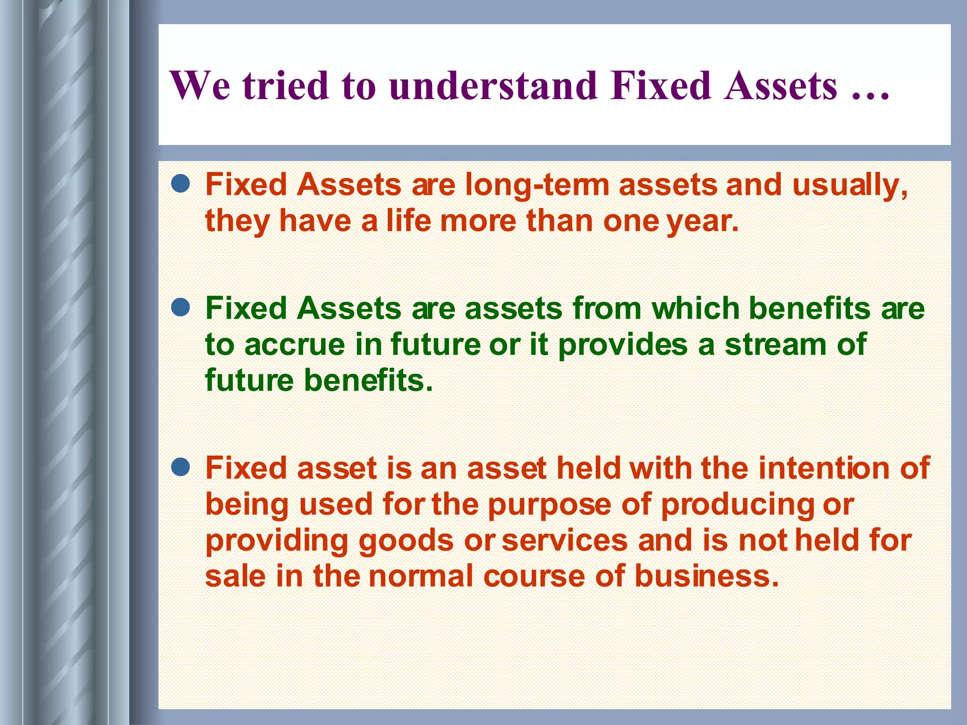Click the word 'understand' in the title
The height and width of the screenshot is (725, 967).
tap(493, 86)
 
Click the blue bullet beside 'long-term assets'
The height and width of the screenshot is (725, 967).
tap(181, 184)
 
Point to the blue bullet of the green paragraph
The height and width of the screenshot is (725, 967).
tap(181, 308)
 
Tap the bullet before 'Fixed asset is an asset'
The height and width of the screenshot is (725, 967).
tap(181, 468)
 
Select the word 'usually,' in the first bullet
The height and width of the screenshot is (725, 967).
tap(850, 185)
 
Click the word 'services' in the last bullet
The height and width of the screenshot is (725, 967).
tap(564, 541)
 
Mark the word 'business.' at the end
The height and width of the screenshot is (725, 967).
tap(706, 576)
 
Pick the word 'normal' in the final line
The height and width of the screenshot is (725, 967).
tap(421, 576)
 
